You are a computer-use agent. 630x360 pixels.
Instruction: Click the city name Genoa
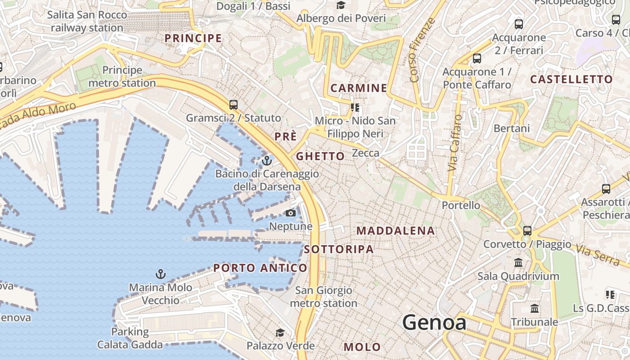tap(434, 323)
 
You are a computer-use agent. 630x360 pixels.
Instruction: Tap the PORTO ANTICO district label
tap(260, 268)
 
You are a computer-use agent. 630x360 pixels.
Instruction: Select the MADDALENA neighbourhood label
tap(396, 231)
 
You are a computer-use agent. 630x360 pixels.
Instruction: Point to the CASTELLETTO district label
tap(571, 80)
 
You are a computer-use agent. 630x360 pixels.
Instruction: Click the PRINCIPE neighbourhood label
tap(193, 38)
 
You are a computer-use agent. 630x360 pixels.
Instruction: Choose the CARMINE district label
tap(359, 88)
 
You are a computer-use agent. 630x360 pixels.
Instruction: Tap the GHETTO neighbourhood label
tap(320, 157)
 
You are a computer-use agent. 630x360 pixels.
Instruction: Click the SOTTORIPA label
tap(339, 249)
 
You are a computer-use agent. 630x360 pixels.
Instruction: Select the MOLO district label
tap(362, 347)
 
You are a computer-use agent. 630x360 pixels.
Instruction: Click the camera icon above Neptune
tap(291, 213)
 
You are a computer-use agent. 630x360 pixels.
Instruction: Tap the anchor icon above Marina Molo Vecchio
tap(160, 274)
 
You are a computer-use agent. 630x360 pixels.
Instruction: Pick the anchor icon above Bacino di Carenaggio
tap(267, 160)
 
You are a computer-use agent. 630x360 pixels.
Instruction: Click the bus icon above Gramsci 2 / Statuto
tap(233, 104)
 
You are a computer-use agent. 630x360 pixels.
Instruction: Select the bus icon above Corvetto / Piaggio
tap(527, 231)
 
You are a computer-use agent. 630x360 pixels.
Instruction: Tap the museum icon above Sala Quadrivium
tap(518, 262)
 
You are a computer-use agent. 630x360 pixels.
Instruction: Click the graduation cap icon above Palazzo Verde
tap(280, 333)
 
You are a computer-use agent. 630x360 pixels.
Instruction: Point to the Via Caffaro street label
tap(455, 143)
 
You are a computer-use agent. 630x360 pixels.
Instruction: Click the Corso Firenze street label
tap(423, 50)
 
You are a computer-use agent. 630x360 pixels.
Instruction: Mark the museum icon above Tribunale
tap(535, 309)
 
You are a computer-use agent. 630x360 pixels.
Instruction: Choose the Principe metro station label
tap(122, 76)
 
